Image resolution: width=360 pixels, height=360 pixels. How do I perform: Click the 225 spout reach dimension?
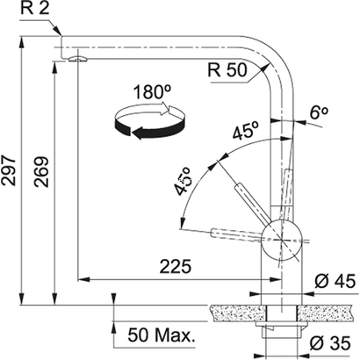[x=176, y=264]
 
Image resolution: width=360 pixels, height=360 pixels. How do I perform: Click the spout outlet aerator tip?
[x=77, y=59]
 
